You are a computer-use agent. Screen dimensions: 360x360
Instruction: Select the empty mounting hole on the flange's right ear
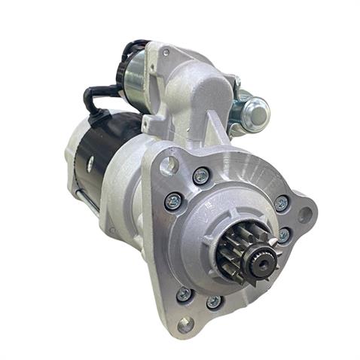pos(305,215)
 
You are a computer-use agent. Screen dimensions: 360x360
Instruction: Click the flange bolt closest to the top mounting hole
pos(200,176)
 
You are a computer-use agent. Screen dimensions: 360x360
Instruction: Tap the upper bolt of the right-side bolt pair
pos(281,203)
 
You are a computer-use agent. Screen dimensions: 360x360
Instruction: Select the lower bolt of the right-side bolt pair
pos(284,235)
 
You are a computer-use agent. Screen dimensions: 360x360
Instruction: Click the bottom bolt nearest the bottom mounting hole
pos(182,294)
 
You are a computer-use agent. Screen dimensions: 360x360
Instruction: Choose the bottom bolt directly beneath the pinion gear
pos(214,301)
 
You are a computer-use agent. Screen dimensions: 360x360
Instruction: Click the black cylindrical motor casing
pos(106,151)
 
